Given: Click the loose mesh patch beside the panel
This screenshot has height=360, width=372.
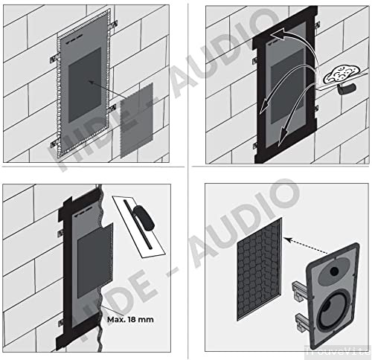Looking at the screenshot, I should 137,119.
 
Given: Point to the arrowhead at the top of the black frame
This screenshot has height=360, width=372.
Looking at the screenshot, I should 275,35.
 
